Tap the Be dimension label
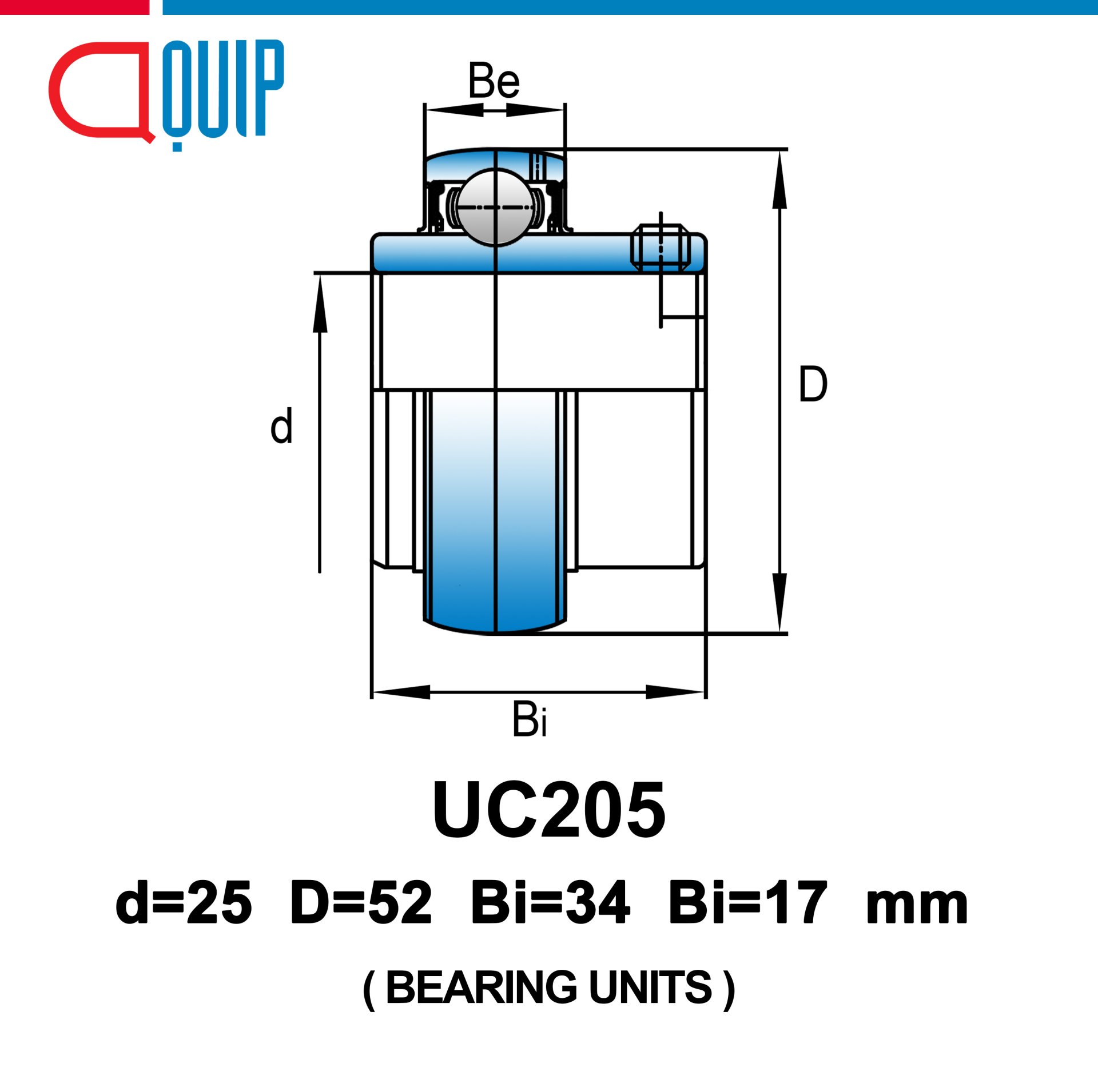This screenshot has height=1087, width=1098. pos(494,81)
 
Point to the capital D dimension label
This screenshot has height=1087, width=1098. pos(813,384)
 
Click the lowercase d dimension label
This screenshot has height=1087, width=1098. pos(281,425)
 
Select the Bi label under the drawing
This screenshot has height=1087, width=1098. pos(530,719)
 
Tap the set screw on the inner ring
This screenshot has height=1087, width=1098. pos(661,247)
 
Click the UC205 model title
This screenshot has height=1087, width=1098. pos(549,810)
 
